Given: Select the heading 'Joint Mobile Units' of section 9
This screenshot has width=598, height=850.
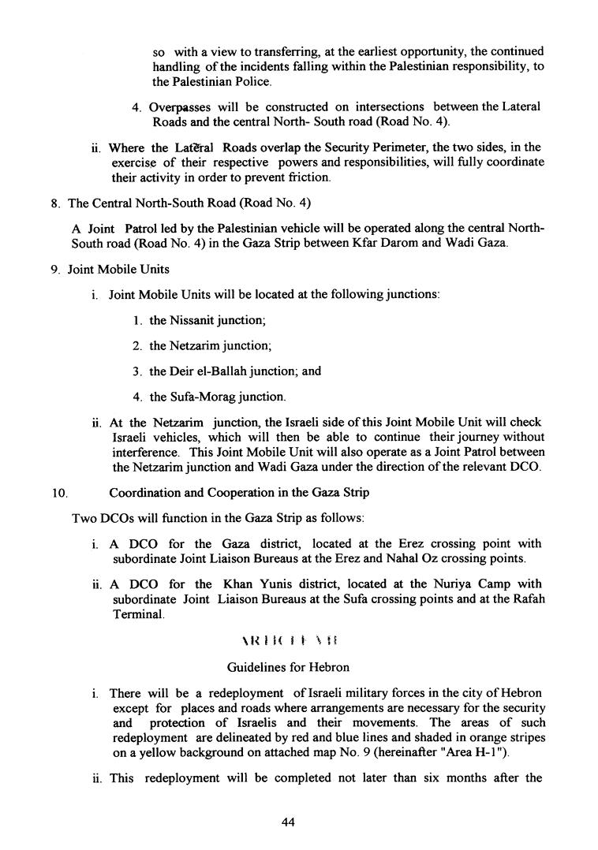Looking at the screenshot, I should pos(118,269).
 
